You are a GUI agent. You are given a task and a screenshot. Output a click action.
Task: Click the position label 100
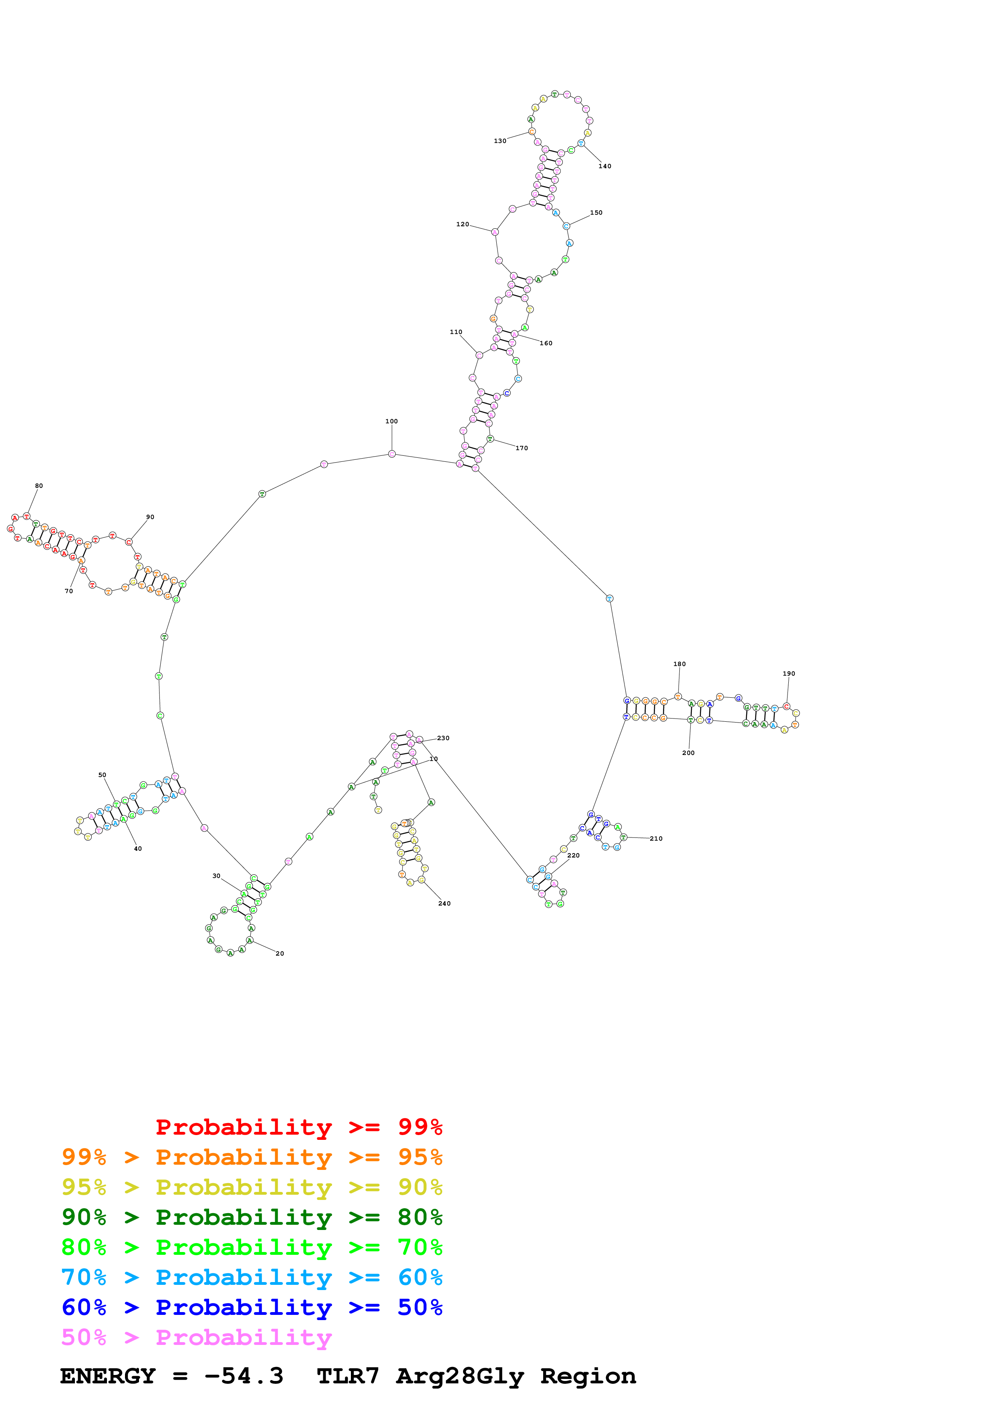click(x=392, y=421)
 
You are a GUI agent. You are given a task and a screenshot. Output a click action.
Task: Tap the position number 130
click(x=500, y=141)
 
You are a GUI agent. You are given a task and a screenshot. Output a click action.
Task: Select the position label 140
click(x=604, y=166)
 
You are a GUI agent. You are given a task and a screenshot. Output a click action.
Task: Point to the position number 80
click(x=38, y=486)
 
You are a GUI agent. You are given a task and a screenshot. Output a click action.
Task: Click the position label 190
click(x=789, y=674)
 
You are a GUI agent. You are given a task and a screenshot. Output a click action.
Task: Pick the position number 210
click(x=656, y=838)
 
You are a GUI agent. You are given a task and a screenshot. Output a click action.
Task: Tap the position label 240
click(x=444, y=903)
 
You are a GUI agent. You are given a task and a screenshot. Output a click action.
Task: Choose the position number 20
click(x=280, y=953)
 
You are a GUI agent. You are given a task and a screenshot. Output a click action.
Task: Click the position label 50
click(x=102, y=775)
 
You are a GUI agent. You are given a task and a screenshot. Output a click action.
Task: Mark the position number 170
click(x=521, y=448)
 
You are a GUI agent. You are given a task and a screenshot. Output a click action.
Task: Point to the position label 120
click(x=463, y=224)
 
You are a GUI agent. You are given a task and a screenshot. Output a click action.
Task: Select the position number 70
click(x=68, y=591)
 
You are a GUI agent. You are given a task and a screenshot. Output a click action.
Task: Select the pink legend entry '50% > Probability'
click(x=196, y=1337)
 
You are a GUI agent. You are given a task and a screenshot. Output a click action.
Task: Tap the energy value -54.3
click(x=244, y=1376)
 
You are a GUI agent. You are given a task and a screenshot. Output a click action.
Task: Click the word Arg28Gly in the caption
click(x=460, y=1376)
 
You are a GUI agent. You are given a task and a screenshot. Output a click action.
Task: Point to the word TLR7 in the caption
click(x=348, y=1376)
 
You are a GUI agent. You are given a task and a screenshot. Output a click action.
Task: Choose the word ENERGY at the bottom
click(x=108, y=1376)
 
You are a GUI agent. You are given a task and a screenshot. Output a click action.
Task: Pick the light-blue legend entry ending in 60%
click(x=252, y=1277)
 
